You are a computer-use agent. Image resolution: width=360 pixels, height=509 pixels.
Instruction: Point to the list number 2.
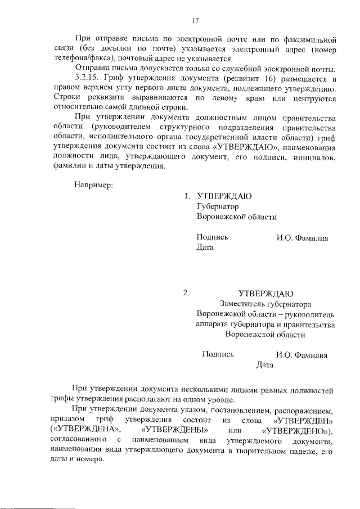click(x=186, y=293)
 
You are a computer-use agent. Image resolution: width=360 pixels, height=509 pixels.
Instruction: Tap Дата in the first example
click(x=205, y=247)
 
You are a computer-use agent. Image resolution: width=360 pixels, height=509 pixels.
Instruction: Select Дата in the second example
click(x=264, y=365)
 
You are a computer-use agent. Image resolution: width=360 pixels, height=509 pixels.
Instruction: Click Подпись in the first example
click(x=212, y=237)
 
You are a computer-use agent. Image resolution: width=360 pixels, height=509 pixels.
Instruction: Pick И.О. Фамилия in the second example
click(x=301, y=355)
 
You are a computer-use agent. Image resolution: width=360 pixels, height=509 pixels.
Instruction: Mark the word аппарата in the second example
click(x=214, y=325)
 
